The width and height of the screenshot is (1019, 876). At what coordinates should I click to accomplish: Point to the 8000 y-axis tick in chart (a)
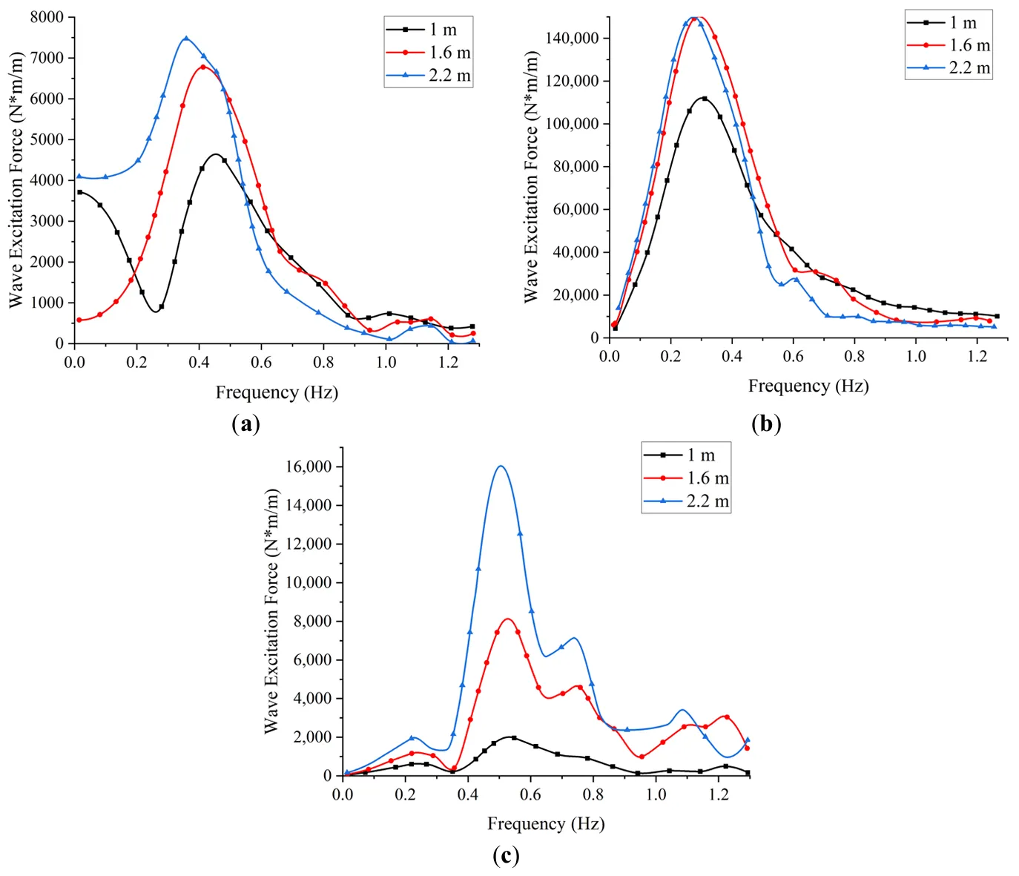[47, 17]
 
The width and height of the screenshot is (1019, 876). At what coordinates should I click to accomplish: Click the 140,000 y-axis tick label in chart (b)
[572, 39]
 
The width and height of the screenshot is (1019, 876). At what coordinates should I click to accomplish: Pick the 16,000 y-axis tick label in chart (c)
[309, 467]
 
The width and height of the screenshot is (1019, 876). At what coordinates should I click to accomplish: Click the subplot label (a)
[245, 424]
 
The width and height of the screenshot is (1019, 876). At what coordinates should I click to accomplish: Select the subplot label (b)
[765, 424]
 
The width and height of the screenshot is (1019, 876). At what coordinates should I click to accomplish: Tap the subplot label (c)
[506, 856]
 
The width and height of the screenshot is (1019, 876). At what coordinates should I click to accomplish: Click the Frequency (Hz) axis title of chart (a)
[277, 392]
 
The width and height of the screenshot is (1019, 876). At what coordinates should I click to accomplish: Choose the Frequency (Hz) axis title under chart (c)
[546, 823]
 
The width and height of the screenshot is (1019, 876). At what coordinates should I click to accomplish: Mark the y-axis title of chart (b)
[531, 177]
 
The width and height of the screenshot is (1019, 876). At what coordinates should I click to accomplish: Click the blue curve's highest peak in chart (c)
[501, 466]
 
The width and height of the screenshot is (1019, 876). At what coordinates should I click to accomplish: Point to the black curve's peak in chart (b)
[704, 98]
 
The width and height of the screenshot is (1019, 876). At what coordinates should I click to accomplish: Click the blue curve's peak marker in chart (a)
[186, 39]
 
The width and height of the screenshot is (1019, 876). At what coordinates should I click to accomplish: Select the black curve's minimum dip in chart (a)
[155, 312]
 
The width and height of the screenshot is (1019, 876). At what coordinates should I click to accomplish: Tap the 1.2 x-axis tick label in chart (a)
[448, 363]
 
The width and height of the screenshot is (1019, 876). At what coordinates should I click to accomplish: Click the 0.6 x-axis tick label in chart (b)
[793, 356]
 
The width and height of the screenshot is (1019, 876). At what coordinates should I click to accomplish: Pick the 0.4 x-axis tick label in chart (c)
[468, 795]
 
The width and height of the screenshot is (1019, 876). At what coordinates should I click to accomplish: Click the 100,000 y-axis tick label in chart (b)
[572, 124]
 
